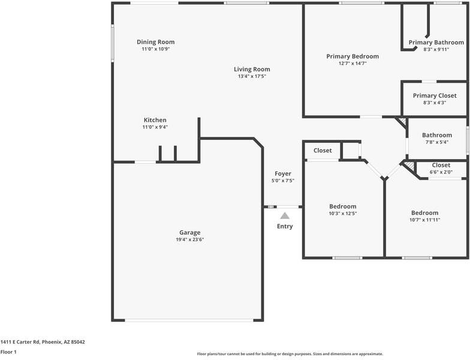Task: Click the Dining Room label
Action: (x=155, y=42)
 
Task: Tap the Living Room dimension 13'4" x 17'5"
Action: (x=252, y=76)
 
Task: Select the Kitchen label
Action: (x=155, y=120)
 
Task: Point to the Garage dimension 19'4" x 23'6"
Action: (x=189, y=239)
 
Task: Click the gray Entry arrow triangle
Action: (x=285, y=215)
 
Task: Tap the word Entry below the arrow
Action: (x=285, y=226)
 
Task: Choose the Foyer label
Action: (x=283, y=173)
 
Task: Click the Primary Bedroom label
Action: (x=352, y=56)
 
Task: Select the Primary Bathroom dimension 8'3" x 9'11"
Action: (x=436, y=49)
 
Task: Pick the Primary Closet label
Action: (x=435, y=95)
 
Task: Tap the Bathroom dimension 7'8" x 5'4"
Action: (x=436, y=142)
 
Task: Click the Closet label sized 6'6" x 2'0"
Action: (x=441, y=165)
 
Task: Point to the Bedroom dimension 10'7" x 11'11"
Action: (x=424, y=220)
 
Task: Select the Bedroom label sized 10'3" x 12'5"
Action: (x=342, y=206)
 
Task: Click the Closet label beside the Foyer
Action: (x=323, y=151)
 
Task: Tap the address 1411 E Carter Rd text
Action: (x=43, y=342)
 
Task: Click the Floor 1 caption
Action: (x=8, y=352)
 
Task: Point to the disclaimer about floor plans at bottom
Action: (x=290, y=354)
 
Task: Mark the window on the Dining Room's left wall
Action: (x=112, y=43)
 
